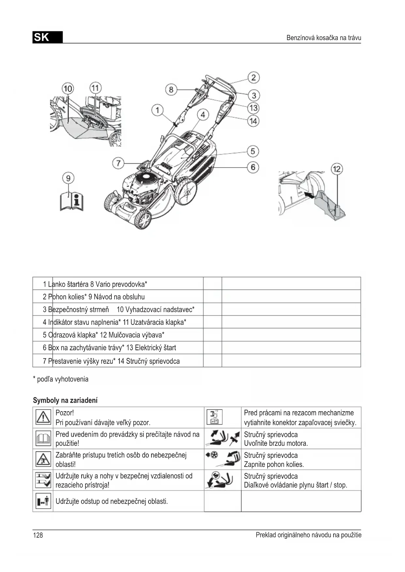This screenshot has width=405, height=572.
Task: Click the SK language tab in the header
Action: tap(47, 38)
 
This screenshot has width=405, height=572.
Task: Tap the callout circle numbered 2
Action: tap(253, 78)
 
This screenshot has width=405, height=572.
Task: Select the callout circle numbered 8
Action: tap(171, 89)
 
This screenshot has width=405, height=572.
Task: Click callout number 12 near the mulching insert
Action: tap(336, 169)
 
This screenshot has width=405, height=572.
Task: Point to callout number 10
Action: tap(68, 89)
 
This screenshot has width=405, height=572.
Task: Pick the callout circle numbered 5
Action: tap(253, 151)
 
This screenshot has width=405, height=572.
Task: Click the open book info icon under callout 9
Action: tap(72, 201)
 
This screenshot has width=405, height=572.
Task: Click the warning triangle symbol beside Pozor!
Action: tap(43, 417)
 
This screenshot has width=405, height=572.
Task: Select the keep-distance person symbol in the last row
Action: tap(43, 501)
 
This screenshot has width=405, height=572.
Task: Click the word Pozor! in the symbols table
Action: tap(65, 413)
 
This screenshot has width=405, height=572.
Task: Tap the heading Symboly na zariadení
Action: tap(65, 400)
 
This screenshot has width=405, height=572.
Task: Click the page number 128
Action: tap(38, 535)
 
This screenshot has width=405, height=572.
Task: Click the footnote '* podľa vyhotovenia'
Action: tap(61, 379)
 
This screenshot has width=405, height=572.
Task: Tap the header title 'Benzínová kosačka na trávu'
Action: tap(323, 38)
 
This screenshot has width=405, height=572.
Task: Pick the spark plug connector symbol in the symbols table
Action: tap(214, 417)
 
